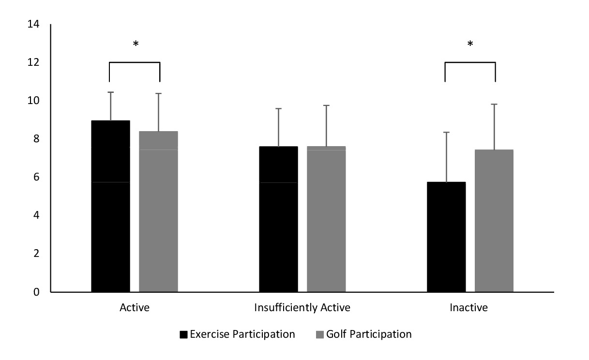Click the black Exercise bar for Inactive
pos(446,237)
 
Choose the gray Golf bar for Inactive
pos(494,221)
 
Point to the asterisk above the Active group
pos(136,45)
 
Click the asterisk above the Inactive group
pos(470,45)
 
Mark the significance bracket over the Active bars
pos(135,62)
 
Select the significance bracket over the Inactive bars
pos(470,62)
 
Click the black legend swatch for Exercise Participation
pos(183,334)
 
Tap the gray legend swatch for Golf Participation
pos(319,334)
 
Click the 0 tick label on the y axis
pos(36,292)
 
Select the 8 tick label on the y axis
pos(36,139)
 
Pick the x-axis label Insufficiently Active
pos(302,308)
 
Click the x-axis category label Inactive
pos(469,308)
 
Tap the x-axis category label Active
pos(134,308)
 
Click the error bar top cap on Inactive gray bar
pos(494,104)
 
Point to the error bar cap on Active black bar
pos(110,92)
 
